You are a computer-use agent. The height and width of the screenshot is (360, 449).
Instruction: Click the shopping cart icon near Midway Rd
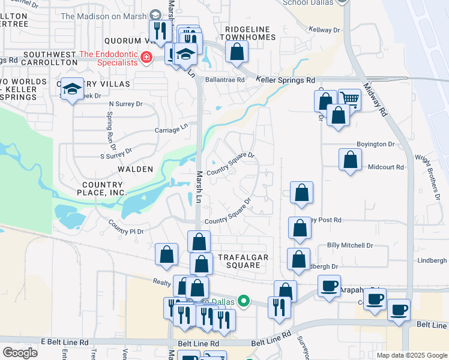349,99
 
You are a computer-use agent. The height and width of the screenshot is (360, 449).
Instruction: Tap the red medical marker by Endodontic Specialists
145,58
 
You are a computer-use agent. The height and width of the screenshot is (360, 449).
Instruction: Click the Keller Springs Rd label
285,80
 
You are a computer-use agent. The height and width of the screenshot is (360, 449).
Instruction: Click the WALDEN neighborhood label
135,169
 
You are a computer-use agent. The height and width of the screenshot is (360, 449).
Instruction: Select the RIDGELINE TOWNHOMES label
250,33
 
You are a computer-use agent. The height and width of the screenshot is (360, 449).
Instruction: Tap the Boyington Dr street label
375,145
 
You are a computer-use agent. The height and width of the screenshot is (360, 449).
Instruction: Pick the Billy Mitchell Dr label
350,245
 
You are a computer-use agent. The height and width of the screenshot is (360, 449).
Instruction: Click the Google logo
20,352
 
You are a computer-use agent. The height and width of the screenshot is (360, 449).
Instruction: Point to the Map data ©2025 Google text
411,355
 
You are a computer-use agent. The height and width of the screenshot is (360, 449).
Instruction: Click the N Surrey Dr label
125,103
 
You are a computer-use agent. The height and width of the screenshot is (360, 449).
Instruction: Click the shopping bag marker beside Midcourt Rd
350,160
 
